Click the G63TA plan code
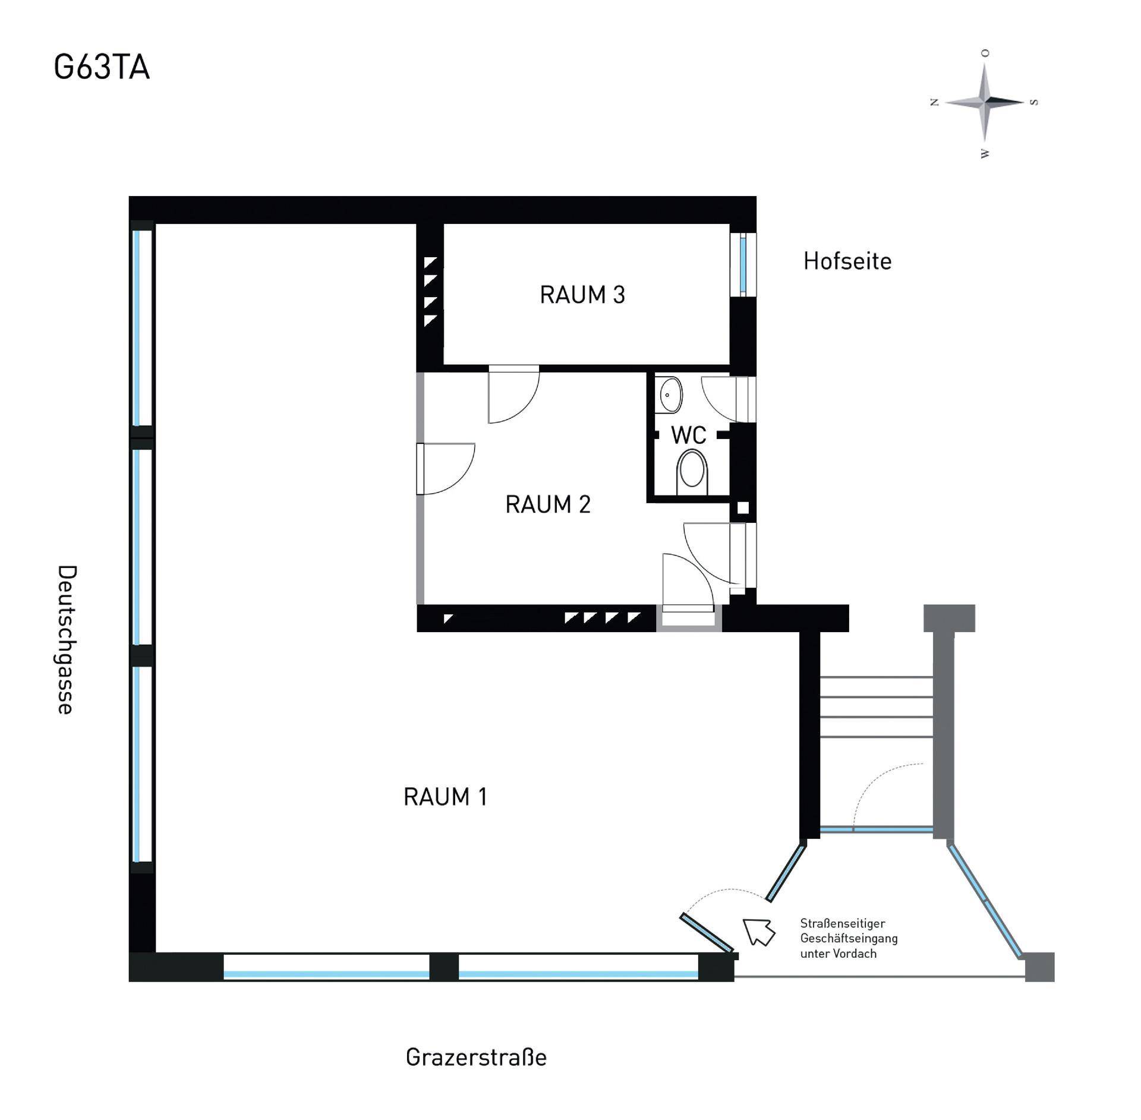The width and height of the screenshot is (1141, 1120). click(x=102, y=68)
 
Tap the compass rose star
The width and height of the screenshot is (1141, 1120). click(x=985, y=103)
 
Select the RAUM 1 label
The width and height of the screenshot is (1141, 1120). click(x=445, y=797)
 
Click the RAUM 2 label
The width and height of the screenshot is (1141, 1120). click(x=547, y=504)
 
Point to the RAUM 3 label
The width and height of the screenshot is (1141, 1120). click(x=582, y=295)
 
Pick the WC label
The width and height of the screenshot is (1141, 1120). click(x=689, y=435)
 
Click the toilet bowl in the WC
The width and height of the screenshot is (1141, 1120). click(x=692, y=472)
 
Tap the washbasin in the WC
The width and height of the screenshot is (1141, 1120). click(x=670, y=394)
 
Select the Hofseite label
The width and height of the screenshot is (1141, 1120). click(x=847, y=261)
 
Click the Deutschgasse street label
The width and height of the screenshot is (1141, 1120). click(x=67, y=640)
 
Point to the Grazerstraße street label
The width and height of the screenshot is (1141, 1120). click(x=476, y=1058)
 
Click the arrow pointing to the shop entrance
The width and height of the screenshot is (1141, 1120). click(x=759, y=931)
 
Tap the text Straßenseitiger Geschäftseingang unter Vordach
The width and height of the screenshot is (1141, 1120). click(x=849, y=938)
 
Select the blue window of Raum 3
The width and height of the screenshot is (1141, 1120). click(x=743, y=265)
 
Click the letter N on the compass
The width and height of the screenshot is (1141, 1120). click(x=934, y=103)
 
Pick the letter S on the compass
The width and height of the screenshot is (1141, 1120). click(x=1034, y=102)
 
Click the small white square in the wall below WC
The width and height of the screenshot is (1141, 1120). click(x=743, y=508)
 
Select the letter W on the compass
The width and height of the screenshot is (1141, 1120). click(x=985, y=153)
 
